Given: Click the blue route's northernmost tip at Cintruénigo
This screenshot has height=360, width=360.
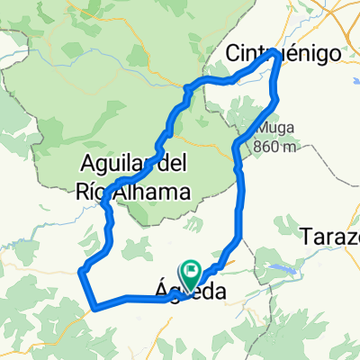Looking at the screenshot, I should pos(274,53).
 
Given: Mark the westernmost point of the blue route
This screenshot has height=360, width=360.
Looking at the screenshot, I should pos(82,270).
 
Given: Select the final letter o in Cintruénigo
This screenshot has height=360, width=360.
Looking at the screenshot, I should pos(336,53).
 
